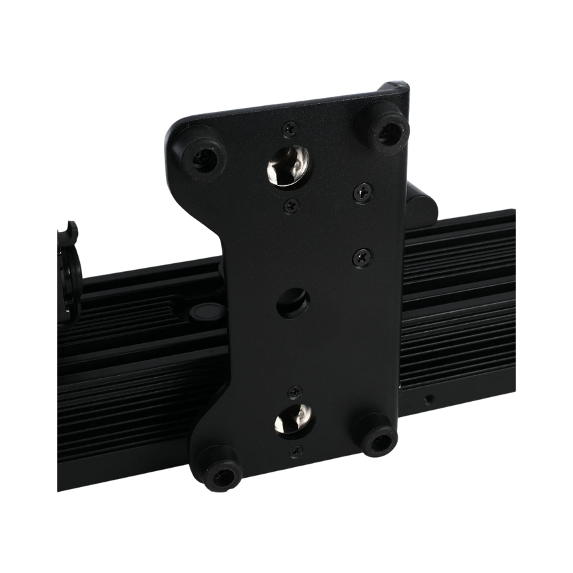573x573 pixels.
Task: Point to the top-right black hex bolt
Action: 386,130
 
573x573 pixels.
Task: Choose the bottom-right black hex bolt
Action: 377,438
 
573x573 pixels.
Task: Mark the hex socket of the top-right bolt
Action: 387,131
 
